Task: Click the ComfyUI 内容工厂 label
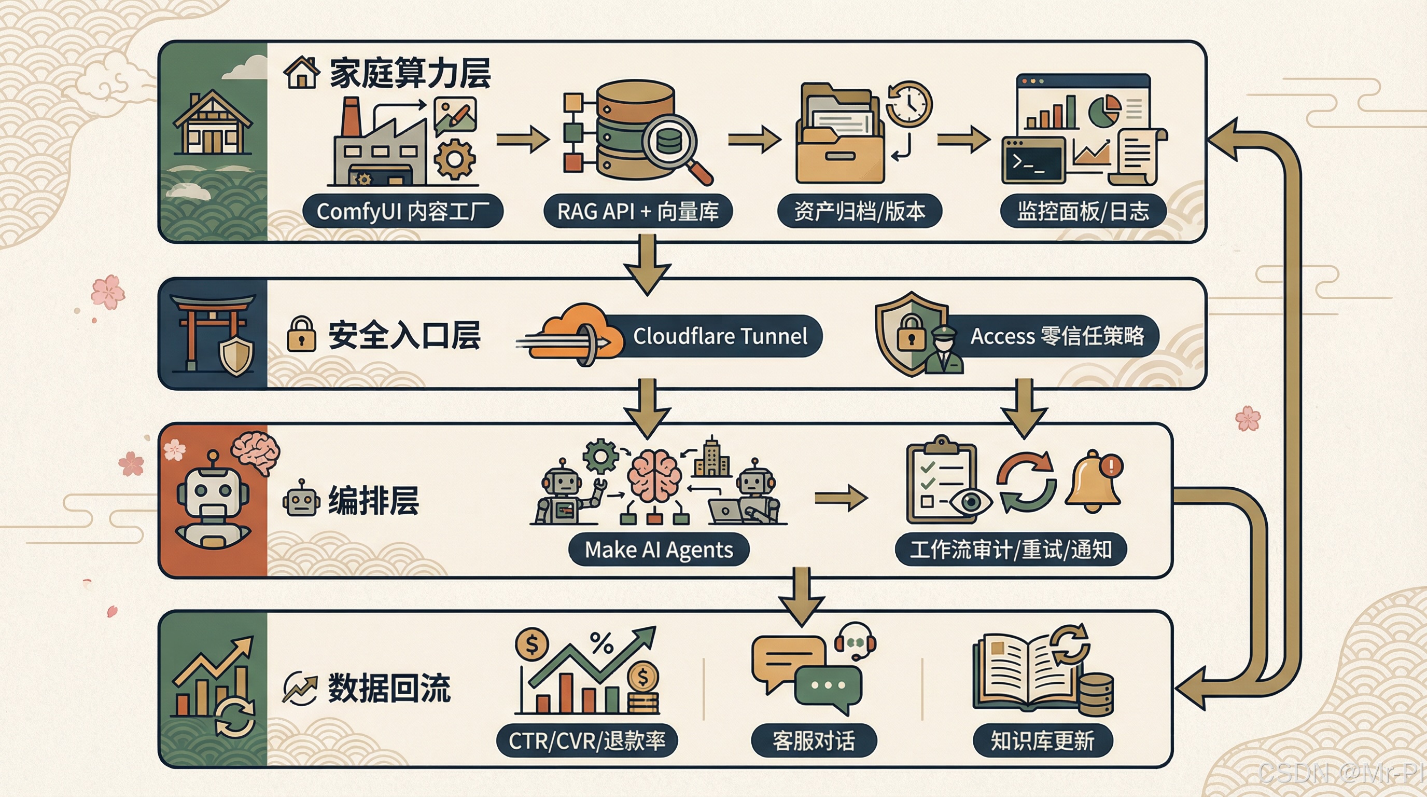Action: pyautogui.click(x=403, y=211)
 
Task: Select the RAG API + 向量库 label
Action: pyautogui.click(x=638, y=211)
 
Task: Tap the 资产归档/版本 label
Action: pyautogui.click(x=859, y=211)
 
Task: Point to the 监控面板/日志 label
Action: pyautogui.click(x=1083, y=211)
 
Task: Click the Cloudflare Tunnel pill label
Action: pyautogui.click(x=720, y=336)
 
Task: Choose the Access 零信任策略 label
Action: pyautogui.click(x=1056, y=336)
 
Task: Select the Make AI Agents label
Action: pyautogui.click(x=659, y=549)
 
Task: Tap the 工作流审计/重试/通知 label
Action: pyautogui.click(x=1011, y=549)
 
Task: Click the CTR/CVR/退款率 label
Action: pyautogui.click(x=586, y=740)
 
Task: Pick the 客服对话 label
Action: pyautogui.click(x=813, y=740)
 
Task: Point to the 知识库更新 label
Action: pyautogui.click(x=1042, y=740)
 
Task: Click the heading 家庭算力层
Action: pyautogui.click(x=410, y=73)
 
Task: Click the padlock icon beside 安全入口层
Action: pyautogui.click(x=301, y=334)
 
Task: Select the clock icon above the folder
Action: pyautogui.click(x=908, y=104)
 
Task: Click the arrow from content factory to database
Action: pyautogui.click(x=522, y=139)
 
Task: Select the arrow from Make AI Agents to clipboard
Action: pyautogui.click(x=840, y=498)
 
